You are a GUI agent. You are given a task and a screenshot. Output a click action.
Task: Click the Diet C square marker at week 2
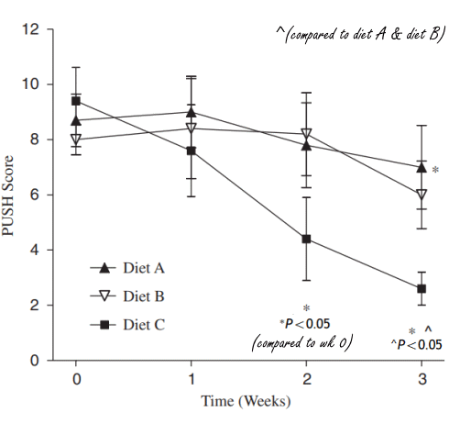[x=306, y=239]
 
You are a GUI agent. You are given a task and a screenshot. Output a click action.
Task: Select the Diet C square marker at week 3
[x=421, y=288]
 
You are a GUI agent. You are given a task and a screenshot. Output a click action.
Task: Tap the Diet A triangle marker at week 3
[x=421, y=167]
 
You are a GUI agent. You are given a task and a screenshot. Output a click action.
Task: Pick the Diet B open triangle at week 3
[x=421, y=195]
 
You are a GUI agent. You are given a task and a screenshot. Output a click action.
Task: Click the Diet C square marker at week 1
[x=191, y=151]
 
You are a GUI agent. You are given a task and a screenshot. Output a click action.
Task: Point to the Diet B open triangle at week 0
[x=76, y=139]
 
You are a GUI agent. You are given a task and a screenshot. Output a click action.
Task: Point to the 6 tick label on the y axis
[x=34, y=195]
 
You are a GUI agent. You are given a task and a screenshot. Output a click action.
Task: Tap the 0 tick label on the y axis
[x=34, y=360]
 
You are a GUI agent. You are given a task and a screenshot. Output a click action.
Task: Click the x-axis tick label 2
[x=306, y=378]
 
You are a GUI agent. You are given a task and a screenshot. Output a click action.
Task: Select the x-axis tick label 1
[x=191, y=378]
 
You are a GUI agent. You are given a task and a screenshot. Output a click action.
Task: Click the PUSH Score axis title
[x=12, y=195]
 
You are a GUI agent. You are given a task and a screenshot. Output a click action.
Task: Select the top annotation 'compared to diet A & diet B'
[x=359, y=34]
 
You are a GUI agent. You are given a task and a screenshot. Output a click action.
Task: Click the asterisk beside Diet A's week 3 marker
[x=435, y=171]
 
